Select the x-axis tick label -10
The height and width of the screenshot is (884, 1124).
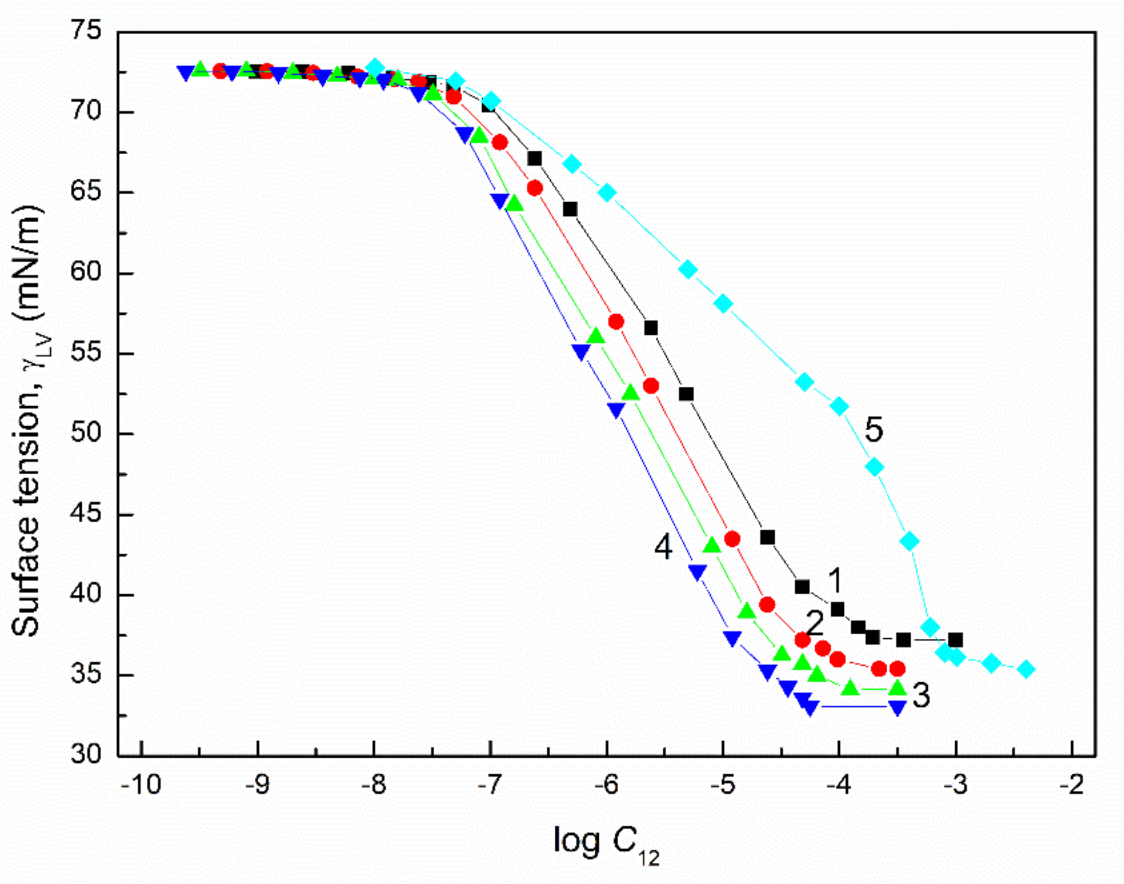(x=141, y=785)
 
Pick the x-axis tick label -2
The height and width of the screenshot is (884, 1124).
(x=1072, y=785)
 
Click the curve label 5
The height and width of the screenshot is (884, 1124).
(x=874, y=430)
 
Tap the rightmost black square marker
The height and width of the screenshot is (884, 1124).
(x=956, y=640)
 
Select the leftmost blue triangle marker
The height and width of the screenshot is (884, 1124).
(x=185, y=72)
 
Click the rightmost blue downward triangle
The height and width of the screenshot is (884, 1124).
(x=898, y=707)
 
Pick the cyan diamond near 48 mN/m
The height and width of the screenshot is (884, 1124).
(x=875, y=467)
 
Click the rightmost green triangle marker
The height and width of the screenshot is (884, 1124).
(x=898, y=688)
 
